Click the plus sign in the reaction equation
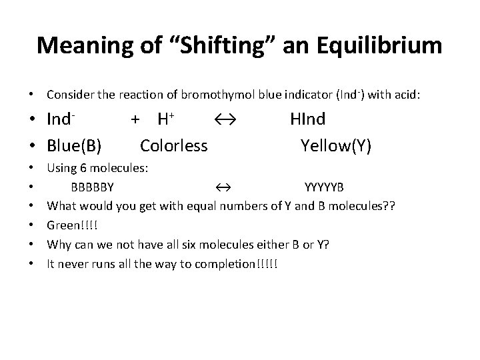click(135, 120)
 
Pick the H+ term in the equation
click(165, 120)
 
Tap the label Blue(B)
click(78, 145)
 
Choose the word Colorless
click(174, 145)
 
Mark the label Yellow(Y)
click(336, 145)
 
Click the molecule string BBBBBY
click(97, 187)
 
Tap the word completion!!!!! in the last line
click(241, 263)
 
